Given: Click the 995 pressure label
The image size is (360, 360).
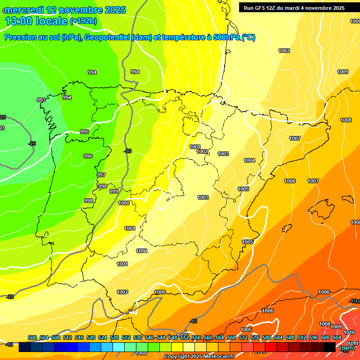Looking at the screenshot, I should [84, 132].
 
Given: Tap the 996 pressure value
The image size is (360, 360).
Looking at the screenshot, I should [88, 156].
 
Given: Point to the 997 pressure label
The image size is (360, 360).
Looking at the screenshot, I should [101, 175].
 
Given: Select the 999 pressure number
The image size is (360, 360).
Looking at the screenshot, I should [114, 191].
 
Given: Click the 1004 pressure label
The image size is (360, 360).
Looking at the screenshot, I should [249, 160].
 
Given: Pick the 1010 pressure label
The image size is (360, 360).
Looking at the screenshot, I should [349, 332].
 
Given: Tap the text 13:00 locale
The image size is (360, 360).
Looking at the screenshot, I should [36, 21].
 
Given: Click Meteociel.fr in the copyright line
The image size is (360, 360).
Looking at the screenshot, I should [218, 357].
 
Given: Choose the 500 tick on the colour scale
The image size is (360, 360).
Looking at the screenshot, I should [32, 337].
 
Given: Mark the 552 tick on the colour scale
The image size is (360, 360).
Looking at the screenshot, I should [185, 337].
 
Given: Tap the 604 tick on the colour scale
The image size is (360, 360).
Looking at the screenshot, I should [337, 337].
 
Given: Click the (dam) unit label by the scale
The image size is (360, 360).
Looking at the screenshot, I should [347, 348].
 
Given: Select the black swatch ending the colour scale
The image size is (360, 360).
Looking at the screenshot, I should [330, 347].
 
